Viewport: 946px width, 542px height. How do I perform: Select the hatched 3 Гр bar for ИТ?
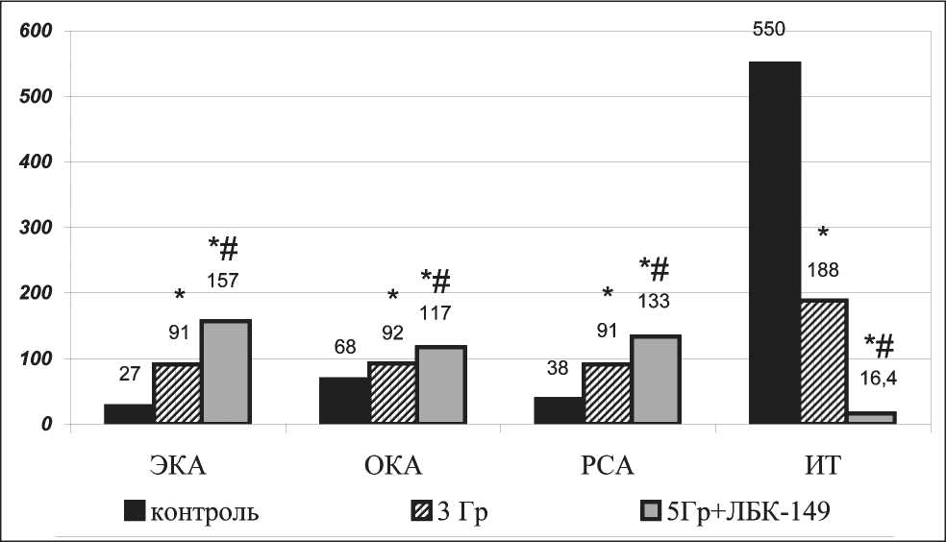pos(824,361)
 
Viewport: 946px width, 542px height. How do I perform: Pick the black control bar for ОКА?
pos(344,400)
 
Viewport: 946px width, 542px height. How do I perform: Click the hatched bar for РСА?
pos(608,393)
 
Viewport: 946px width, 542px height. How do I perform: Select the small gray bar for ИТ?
pos(871,418)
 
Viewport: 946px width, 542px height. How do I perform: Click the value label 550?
pos(769,30)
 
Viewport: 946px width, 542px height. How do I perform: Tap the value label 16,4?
pos(880,381)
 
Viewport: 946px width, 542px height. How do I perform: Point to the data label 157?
pos(223,281)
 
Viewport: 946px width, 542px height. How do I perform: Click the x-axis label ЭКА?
pos(177,466)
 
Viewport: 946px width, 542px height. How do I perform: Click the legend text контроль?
pos(204,510)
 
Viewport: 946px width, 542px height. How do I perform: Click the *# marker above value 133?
pos(655,268)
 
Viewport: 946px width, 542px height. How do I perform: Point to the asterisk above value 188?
pos(823,234)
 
